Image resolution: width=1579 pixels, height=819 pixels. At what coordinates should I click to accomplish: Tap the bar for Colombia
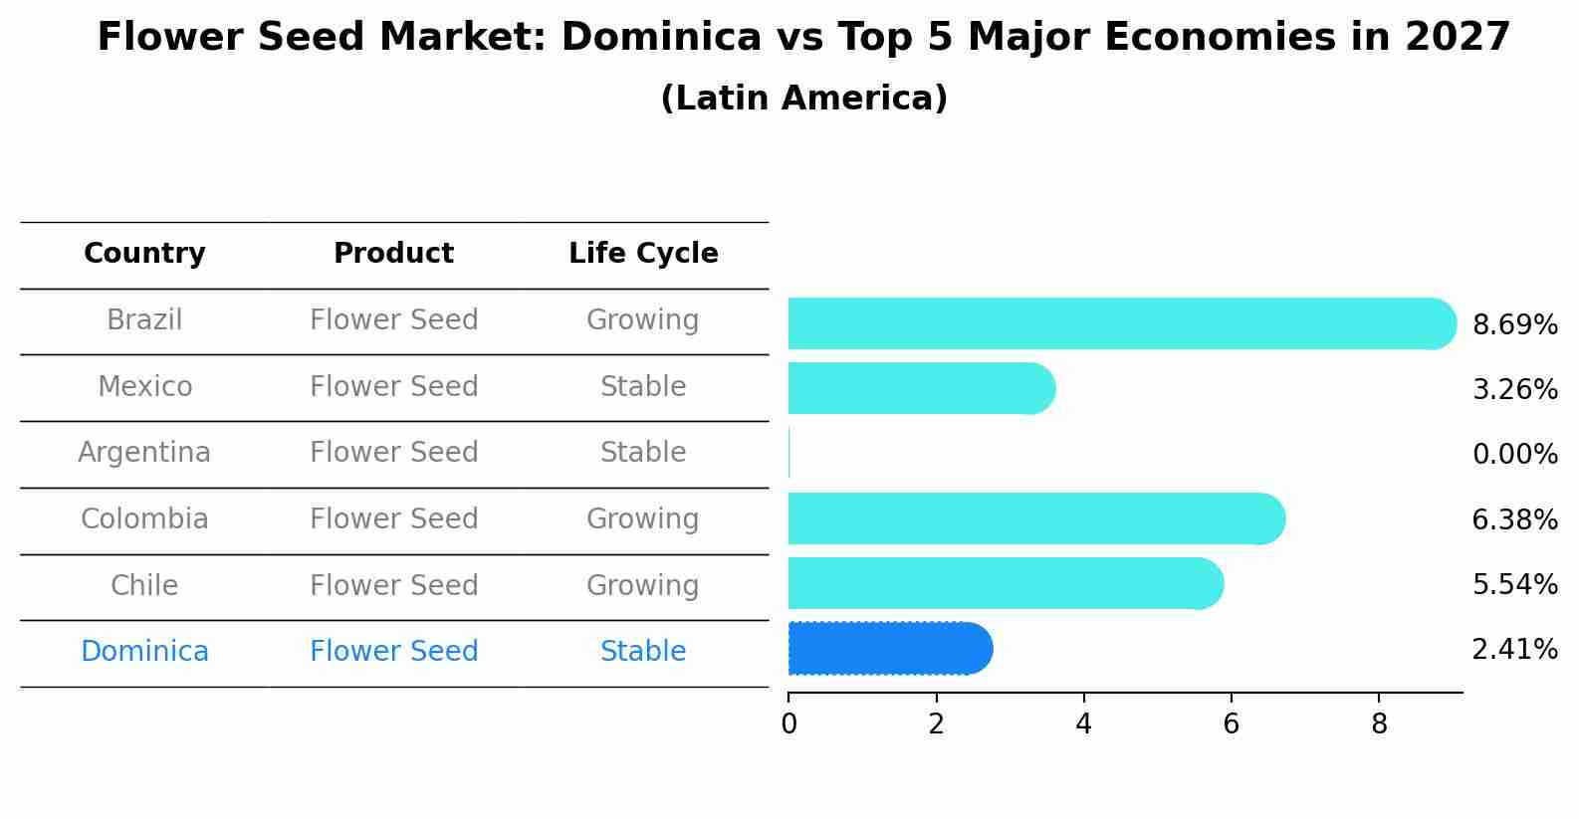(x=1035, y=518)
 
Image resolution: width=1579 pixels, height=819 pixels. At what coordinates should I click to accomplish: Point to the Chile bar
(x=1005, y=583)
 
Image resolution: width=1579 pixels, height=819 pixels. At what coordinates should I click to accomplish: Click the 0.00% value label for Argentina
(x=1514, y=455)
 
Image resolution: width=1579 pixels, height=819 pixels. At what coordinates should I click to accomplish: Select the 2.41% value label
(x=1514, y=650)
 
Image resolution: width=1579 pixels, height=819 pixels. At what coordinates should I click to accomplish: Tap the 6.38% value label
(x=1514, y=519)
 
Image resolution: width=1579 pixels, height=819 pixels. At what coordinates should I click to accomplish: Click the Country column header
(x=144, y=254)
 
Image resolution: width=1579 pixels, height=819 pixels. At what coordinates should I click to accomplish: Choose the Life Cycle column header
(x=643, y=254)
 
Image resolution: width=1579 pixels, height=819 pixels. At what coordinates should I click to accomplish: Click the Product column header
(x=393, y=254)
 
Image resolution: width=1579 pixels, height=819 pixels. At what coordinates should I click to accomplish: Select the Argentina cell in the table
(x=144, y=453)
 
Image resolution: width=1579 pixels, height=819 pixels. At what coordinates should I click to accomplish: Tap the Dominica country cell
(x=144, y=652)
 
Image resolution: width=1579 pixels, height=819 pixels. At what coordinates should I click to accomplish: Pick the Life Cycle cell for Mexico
(x=643, y=386)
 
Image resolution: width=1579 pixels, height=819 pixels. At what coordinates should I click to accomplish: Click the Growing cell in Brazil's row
(x=643, y=320)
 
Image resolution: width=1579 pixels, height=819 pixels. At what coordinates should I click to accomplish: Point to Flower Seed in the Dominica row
(x=393, y=652)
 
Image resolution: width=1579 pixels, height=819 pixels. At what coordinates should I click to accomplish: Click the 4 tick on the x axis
(x=1083, y=724)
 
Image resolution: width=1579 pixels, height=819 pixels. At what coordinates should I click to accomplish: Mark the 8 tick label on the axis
(x=1378, y=724)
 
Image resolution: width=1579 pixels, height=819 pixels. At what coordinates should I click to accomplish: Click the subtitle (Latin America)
(x=803, y=99)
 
